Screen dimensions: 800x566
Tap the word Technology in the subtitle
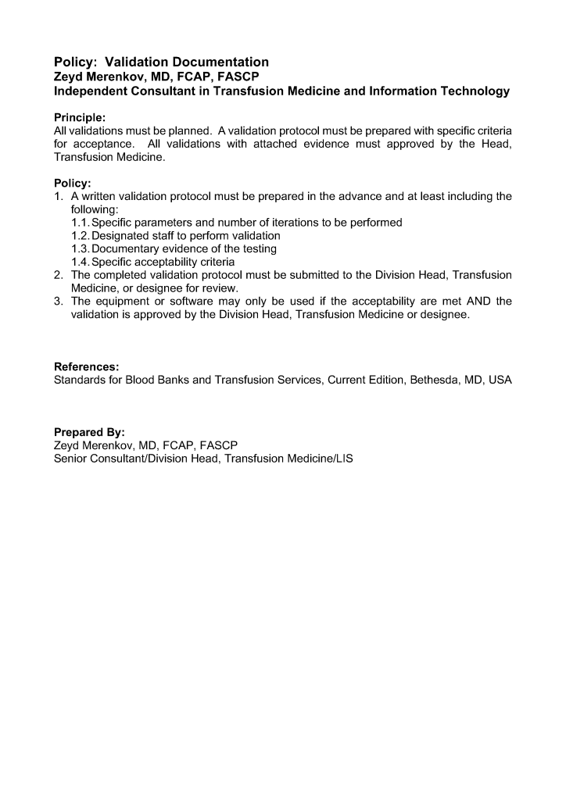point(474,91)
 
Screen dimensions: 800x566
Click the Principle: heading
point(80,118)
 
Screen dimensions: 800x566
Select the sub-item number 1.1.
point(81,223)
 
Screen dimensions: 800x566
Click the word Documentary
point(128,249)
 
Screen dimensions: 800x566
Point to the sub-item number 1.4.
point(81,262)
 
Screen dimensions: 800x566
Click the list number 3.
point(58,302)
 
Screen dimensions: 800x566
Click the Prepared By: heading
point(89,432)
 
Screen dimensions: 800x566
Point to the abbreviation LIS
point(343,459)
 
